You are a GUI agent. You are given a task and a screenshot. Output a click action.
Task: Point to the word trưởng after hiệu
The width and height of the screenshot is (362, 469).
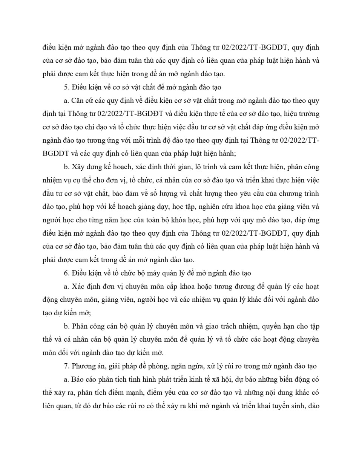tap(309, 114)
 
